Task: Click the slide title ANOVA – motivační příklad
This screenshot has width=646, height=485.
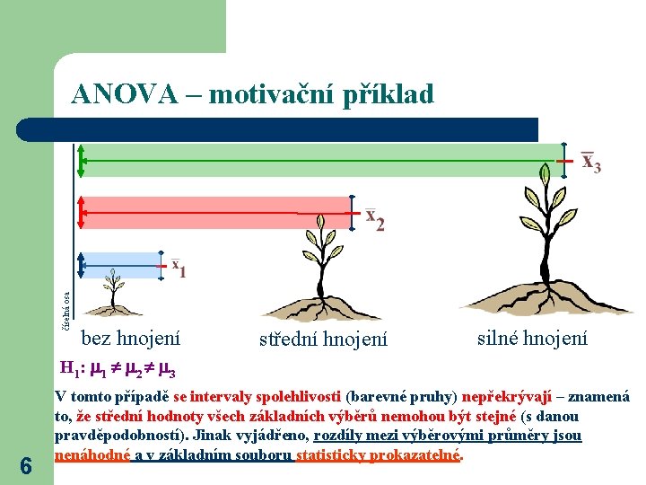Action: point(252,93)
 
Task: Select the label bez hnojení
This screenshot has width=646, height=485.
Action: point(130,339)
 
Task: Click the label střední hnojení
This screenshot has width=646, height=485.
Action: point(323,339)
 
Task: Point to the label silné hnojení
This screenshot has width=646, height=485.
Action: point(532,338)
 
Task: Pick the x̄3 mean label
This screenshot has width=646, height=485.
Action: point(590,162)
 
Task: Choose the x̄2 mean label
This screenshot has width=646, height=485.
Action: point(375,219)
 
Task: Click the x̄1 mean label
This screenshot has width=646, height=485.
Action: point(178,268)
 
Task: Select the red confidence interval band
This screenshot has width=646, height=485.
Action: point(197,213)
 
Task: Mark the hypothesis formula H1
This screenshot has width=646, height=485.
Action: point(116,368)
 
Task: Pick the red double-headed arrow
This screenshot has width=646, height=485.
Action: point(81,213)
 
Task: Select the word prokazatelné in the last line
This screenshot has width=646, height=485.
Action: point(422,455)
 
